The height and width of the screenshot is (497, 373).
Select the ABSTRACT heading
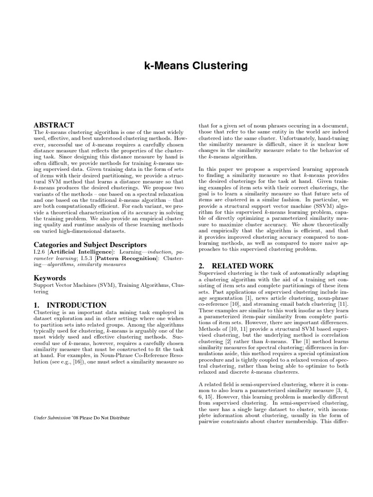click(53, 125)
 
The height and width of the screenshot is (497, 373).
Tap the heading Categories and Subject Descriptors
click(90, 245)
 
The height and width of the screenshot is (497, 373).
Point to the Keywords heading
click(50, 278)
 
